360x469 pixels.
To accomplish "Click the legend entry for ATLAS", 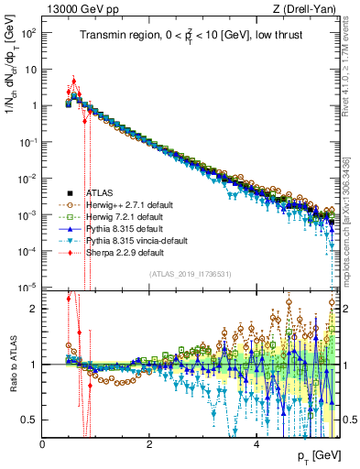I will pos(101,193).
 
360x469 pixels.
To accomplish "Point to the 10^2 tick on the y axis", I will pos(30,32).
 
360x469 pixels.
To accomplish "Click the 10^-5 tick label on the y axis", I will pos(30,288).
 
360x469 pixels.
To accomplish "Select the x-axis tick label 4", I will pos(256,442).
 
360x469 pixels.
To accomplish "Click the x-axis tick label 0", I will pos(43,442).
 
